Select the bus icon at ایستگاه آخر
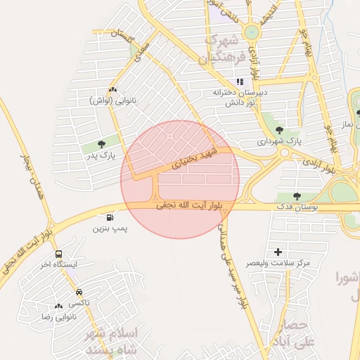58,254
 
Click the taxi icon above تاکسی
79,292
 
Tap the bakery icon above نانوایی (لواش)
112,89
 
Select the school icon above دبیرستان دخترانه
240,82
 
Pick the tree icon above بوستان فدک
296,196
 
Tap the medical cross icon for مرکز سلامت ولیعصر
278,251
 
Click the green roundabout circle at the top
251,32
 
